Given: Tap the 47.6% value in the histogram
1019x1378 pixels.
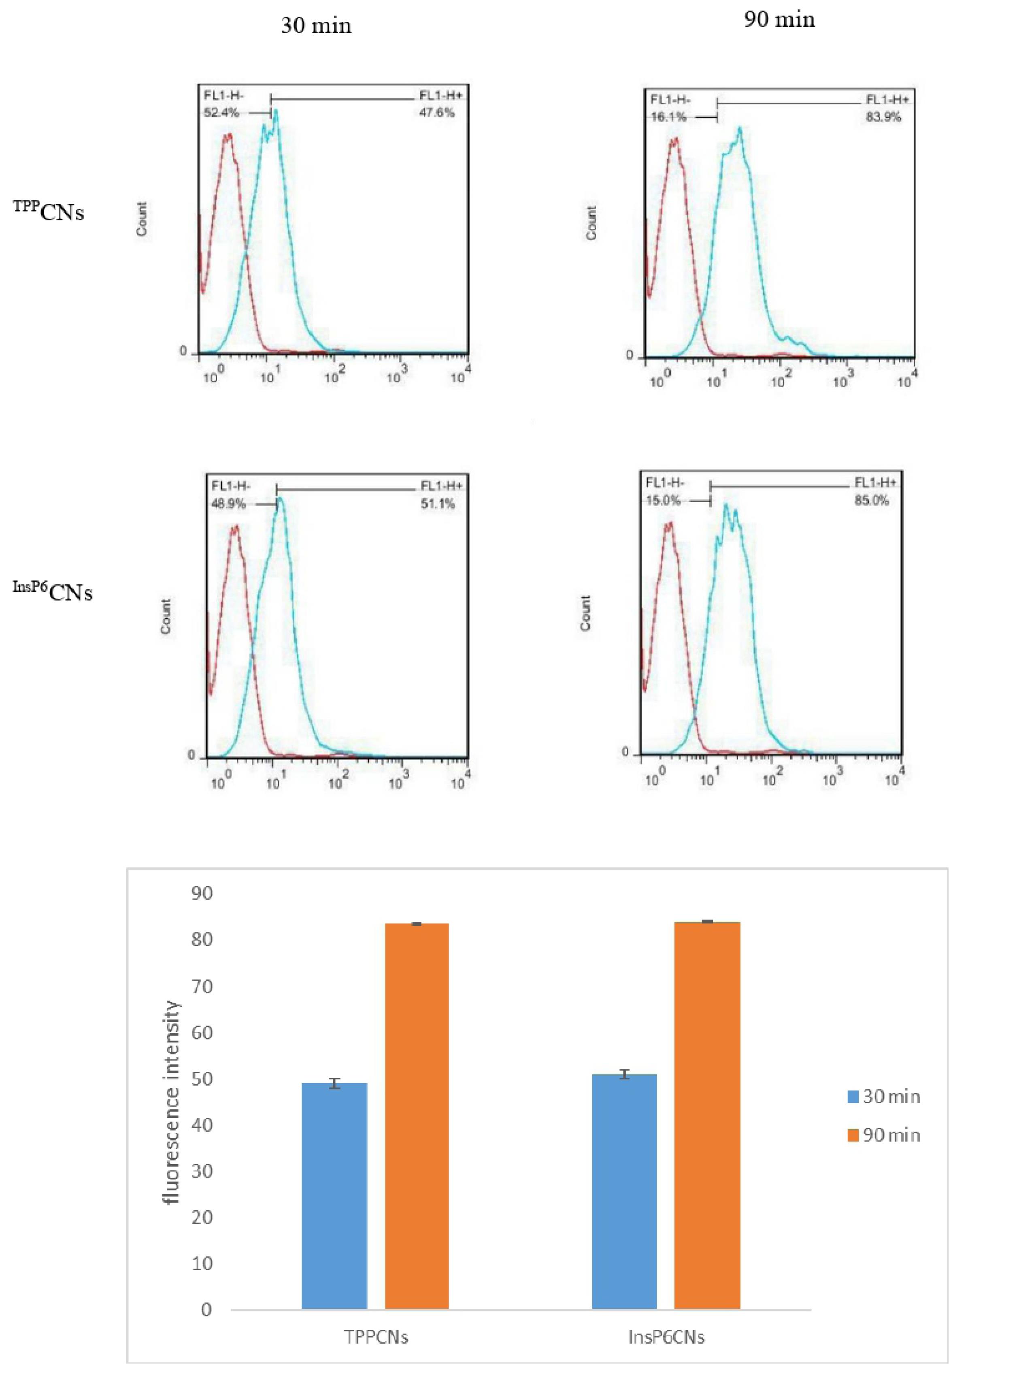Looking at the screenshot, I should pyautogui.click(x=437, y=112).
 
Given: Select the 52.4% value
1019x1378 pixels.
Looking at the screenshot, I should pyautogui.click(x=221, y=112).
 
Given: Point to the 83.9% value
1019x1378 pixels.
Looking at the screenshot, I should pyautogui.click(x=883, y=117).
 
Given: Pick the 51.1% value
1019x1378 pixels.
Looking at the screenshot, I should pyautogui.click(x=437, y=504).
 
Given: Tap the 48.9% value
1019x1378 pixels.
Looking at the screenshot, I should pyautogui.click(x=228, y=504).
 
